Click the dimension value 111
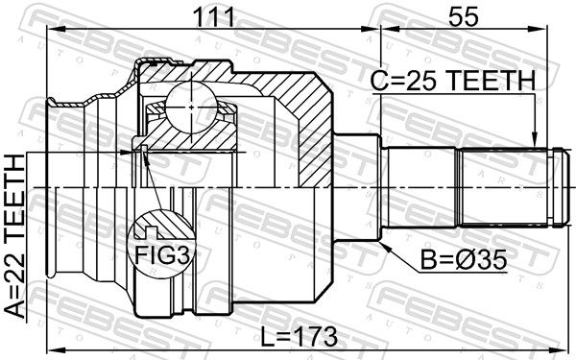[x=213, y=17]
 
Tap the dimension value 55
[x=465, y=17]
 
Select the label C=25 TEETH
[x=453, y=81]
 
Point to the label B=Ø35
[x=464, y=260]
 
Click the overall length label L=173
[x=299, y=337]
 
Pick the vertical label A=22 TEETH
[x=15, y=236]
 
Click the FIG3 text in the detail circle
[x=163, y=254]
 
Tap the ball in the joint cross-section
[x=191, y=107]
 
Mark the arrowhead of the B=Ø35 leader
[x=386, y=247]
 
